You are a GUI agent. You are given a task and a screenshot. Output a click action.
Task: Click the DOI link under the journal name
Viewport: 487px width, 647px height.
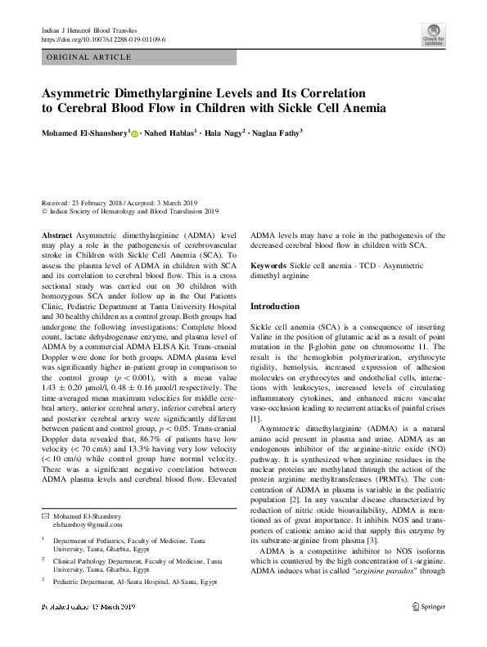tap(103, 38)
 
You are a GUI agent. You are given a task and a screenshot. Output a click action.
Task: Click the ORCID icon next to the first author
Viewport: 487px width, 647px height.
tap(134, 133)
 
